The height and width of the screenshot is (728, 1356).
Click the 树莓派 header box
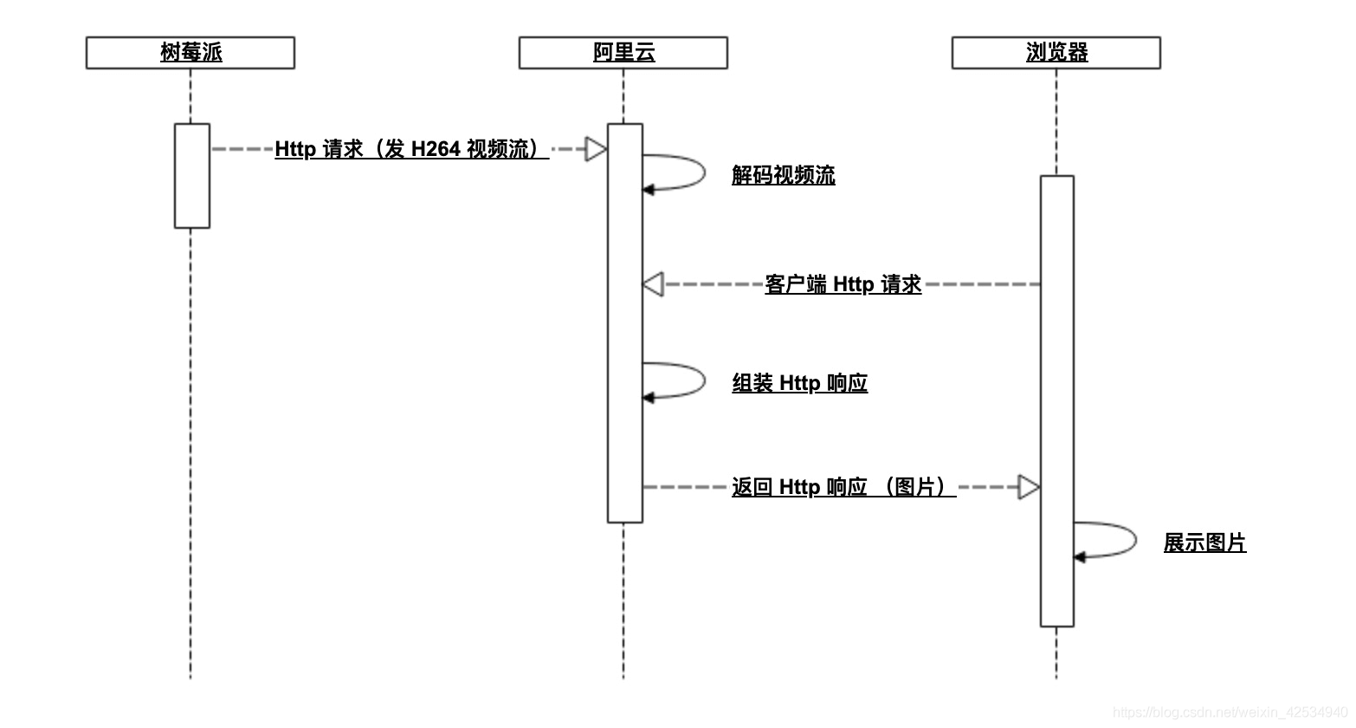point(190,53)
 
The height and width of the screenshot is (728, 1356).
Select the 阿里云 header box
point(623,53)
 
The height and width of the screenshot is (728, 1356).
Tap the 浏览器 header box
point(1056,53)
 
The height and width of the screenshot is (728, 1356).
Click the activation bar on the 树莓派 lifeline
point(192,176)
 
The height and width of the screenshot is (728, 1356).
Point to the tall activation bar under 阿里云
point(624,322)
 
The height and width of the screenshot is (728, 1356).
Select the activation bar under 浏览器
point(1056,400)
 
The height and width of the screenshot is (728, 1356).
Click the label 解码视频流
point(783,175)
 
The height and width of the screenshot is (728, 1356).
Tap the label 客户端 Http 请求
point(843,284)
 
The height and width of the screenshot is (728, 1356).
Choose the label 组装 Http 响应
point(799,383)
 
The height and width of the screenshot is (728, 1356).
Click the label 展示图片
point(1204,543)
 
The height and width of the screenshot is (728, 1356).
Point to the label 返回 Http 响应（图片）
point(843,487)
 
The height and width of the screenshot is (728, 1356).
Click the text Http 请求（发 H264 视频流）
point(411,149)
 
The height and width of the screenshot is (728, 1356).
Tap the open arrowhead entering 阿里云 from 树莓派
point(596,149)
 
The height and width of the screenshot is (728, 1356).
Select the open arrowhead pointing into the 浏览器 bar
point(1028,487)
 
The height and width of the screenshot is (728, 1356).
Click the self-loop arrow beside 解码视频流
point(684,172)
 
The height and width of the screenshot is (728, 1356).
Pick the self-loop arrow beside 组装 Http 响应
point(684,380)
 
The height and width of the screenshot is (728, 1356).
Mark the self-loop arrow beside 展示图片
point(1115,540)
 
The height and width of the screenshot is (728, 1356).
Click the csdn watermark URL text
point(1230,712)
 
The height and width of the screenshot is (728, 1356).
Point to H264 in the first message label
point(436,149)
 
